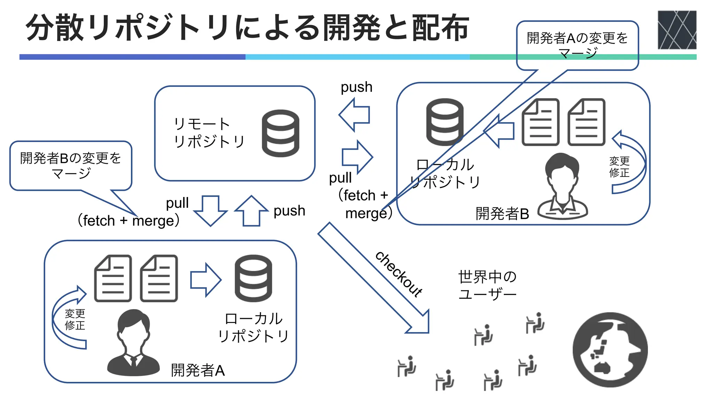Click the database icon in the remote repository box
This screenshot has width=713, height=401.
pos(280,133)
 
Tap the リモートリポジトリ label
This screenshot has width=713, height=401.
pos(209,133)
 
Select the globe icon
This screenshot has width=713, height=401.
pos(610,349)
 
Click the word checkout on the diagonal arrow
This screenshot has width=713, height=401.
pos(399,274)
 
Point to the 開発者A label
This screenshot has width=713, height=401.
pos(198,370)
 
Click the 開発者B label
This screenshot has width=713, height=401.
pos(502,213)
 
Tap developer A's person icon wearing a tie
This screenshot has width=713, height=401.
pos(133,343)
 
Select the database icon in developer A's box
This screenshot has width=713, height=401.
pos(253,278)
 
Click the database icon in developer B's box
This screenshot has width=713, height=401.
pos(445,122)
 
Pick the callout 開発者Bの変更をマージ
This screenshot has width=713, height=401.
pos(71,166)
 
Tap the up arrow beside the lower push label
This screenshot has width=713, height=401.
pos(251,211)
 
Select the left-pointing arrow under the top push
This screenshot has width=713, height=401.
pos(354,115)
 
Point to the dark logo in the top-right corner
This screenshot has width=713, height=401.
pos(677,30)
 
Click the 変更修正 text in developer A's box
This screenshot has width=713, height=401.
pos(75,320)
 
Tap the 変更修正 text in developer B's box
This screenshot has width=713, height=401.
pos(619,167)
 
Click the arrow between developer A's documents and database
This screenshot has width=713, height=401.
pos(205,280)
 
